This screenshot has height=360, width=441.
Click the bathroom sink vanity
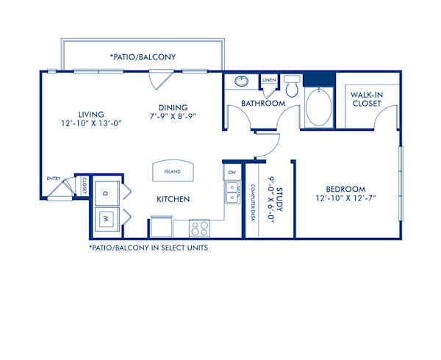[242, 82]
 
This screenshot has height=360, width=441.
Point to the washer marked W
[105, 218]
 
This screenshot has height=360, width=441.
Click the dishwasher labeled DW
[232, 173]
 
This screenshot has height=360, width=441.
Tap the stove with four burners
[199, 227]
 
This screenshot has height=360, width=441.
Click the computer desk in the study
[252, 202]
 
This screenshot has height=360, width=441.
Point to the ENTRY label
[53, 178]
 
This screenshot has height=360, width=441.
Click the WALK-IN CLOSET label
[365, 99]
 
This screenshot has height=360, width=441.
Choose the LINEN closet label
[270, 79]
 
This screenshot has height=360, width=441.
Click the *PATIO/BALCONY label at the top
[143, 57]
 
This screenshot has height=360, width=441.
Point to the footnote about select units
[148, 248]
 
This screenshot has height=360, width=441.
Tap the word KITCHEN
[173, 199]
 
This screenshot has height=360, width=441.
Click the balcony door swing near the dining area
[161, 78]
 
